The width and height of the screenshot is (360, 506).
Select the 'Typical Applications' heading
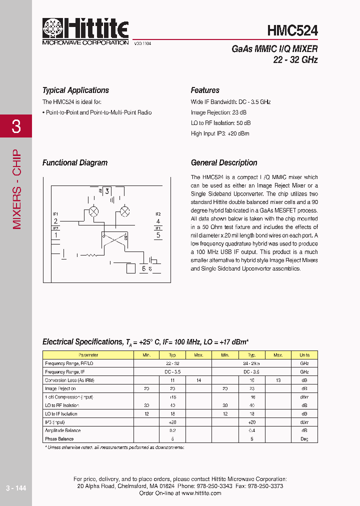[x=75, y=90]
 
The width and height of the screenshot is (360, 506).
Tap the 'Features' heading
[x=205, y=90]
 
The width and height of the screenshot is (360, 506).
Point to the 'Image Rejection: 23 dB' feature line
[x=218, y=112]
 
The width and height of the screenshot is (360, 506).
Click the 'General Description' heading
[x=224, y=162]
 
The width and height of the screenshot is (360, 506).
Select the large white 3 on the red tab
[x=16, y=126]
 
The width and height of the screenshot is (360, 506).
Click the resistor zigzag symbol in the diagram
[x=90, y=255]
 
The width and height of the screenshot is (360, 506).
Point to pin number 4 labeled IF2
[x=158, y=221]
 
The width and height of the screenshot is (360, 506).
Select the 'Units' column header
[x=304, y=355]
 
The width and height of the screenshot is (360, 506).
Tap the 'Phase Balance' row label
[x=59, y=439]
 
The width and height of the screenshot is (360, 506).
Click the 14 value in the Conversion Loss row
[x=198, y=380]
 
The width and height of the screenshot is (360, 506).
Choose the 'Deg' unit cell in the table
[x=304, y=439]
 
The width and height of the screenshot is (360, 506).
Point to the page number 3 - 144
[x=15, y=487]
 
